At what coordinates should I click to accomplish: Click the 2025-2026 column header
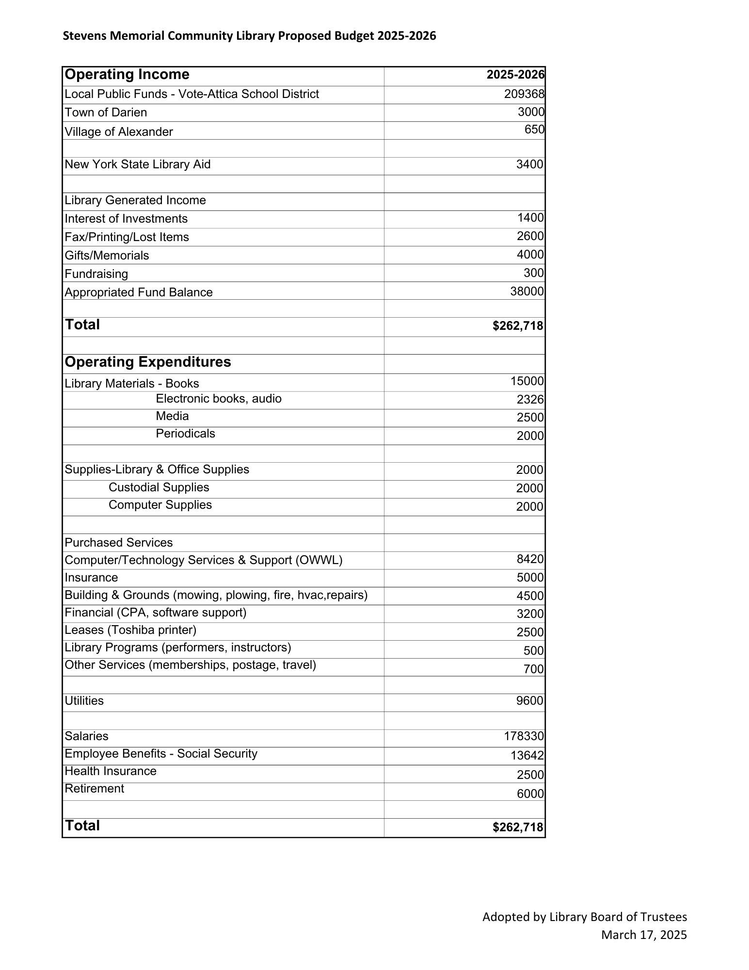coord(515,75)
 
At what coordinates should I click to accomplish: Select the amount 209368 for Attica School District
coord(524,94)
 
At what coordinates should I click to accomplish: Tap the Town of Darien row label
coord(106,113)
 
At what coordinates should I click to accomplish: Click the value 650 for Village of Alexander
coord(534,129)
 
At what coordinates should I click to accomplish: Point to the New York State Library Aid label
coord(138,164)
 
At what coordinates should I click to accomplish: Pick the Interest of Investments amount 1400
coord(530,218)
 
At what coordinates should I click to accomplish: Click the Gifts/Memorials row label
coord(107,256)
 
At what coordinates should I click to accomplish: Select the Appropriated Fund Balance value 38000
coord(527,291)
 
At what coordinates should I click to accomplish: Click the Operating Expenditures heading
coord(148,362)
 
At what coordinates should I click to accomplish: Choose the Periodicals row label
coord(185,434)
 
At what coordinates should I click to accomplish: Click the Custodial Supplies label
coord(159,487)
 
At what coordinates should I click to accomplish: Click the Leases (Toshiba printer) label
coord(130,630)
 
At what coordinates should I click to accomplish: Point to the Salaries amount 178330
coord(524,736)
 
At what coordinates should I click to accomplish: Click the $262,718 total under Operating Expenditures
coord(518,827)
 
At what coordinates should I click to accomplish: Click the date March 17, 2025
coord(644,935)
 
